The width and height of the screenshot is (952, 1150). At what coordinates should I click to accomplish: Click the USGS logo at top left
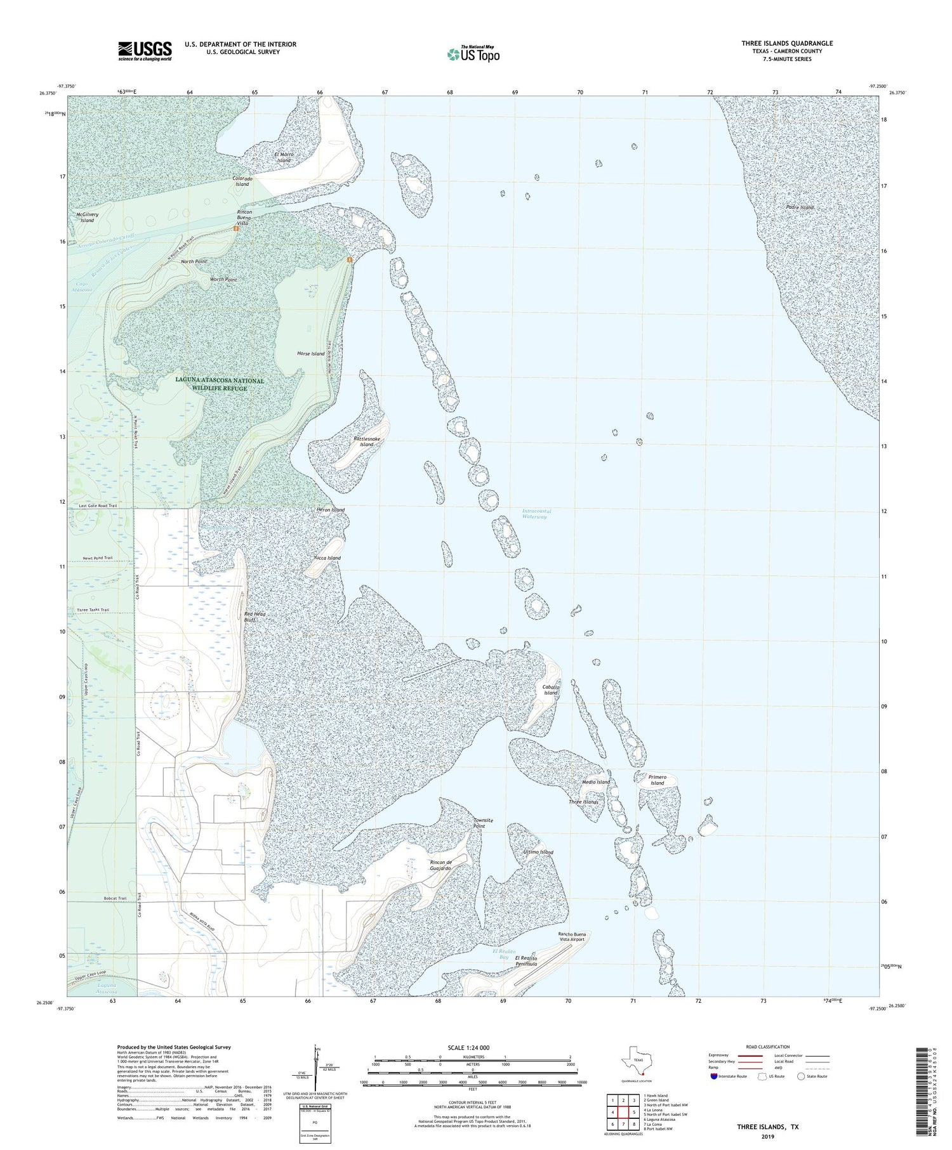click(145, 51)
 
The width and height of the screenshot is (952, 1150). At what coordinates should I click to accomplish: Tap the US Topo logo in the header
click(473, 54)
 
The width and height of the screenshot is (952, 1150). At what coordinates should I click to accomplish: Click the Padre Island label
click(798, 207)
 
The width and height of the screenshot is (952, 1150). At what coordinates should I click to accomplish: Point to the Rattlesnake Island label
click(367, 441)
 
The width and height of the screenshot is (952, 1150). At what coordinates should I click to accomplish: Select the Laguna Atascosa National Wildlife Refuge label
click(219, 384)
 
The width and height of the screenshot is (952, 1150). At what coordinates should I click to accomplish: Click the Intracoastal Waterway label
click(534, 514)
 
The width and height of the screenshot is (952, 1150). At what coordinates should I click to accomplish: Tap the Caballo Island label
click(550, 690)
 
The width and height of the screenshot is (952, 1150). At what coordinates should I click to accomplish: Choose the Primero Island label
click(657, 780)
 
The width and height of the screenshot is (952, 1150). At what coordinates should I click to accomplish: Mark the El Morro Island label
click(283, 157)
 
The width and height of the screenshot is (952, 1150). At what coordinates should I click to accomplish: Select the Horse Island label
click(310, 353)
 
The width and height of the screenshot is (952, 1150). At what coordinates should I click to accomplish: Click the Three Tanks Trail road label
click(93, 610)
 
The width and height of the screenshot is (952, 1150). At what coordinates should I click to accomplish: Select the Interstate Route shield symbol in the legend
click(715, 1076)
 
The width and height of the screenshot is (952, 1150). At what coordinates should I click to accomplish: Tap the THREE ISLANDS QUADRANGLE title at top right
click(787, 43)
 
